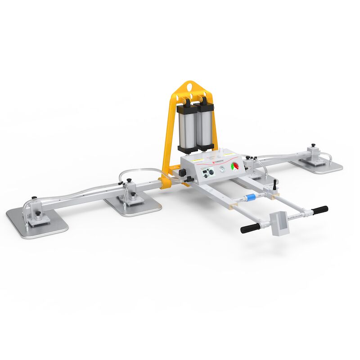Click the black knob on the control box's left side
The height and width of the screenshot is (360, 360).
(182, 172)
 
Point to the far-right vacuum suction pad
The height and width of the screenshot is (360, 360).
(317, 164)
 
